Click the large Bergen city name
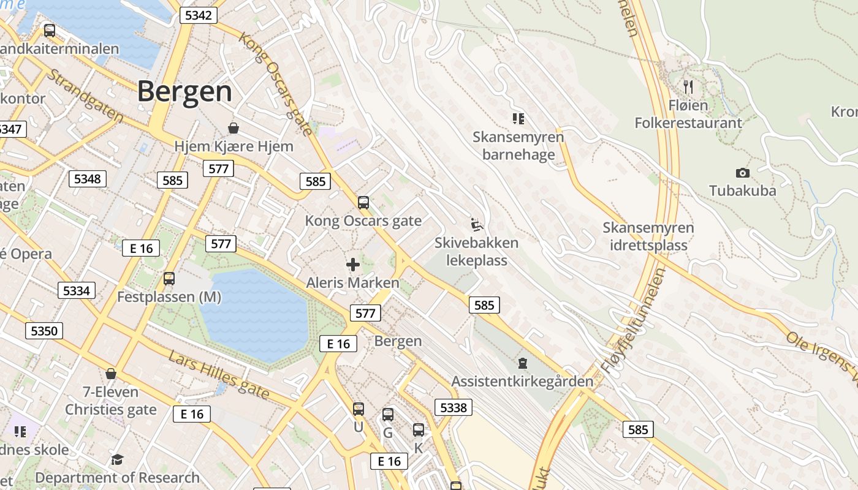click(184, 92)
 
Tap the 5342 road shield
click(199, 15)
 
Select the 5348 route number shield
click(88, 179)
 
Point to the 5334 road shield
click(77, 290)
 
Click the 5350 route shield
click(44, 331)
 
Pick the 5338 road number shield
click(454, 407)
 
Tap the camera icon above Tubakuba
click(742, 173)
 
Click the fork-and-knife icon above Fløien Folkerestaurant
click(688, 86)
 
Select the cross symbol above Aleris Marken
click(353, 265)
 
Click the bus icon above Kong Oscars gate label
click(363, 202)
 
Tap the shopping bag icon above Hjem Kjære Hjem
click(233, 128)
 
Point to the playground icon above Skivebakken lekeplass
click(477, 224)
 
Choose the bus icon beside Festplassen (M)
click(169, 279)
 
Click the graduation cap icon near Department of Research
click(117, 459)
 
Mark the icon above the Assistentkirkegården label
click(522, 363)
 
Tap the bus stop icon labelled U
click(359, 409)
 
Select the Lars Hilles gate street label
click(219, 375)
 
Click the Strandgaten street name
click(85, 96)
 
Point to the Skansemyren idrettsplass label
click(648, 236)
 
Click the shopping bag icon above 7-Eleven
click(111, 374)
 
